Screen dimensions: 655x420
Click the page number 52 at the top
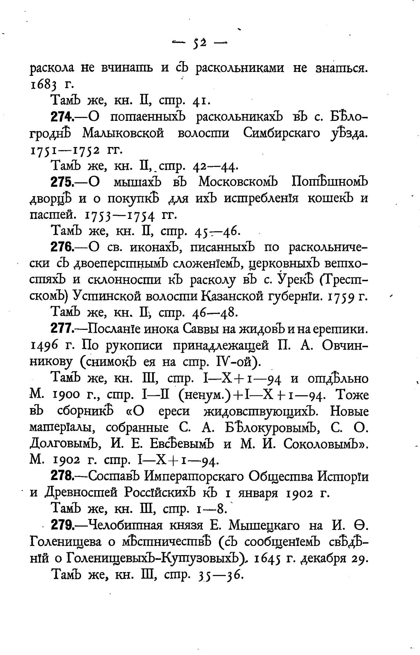pyautogui.click(x=199, y=43)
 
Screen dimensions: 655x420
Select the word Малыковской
pyautogui.click(x=123, y=133)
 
